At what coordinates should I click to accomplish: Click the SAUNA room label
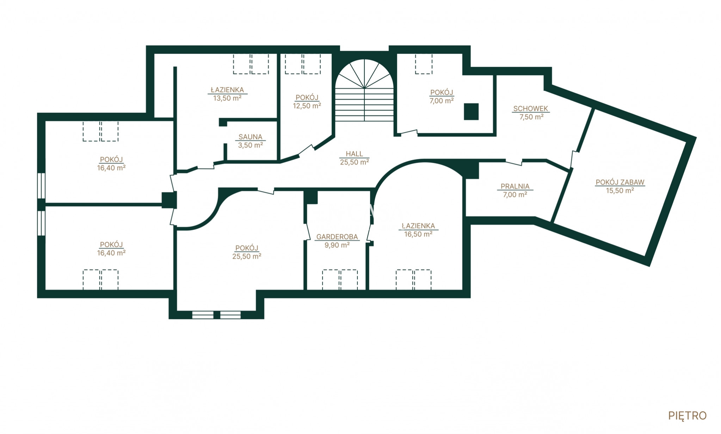(250, 137)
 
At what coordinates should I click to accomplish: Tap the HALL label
(354, 154)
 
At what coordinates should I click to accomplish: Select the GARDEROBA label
(337, 237)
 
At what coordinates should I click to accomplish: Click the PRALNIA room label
(515, 186)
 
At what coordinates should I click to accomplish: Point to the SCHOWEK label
(531, 108)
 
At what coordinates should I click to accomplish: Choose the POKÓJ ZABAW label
(620, 182)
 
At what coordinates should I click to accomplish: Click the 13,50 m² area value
(227, 98)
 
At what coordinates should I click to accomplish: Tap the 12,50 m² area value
(307, 105)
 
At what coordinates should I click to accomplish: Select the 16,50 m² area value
(418, 234)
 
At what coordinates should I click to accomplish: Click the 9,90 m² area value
(337, 245)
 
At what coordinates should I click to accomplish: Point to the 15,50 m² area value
(620, 191)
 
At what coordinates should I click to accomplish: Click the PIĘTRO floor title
(688, 416)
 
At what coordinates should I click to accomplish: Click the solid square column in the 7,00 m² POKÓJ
(471, 112)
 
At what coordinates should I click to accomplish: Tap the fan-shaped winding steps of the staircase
(364, 74)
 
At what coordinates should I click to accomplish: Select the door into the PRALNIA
(514, 162)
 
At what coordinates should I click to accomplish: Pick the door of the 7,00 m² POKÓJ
(409, 132)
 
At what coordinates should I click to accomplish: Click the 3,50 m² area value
(250, 145)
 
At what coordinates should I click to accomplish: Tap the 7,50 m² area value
(531, 117)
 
